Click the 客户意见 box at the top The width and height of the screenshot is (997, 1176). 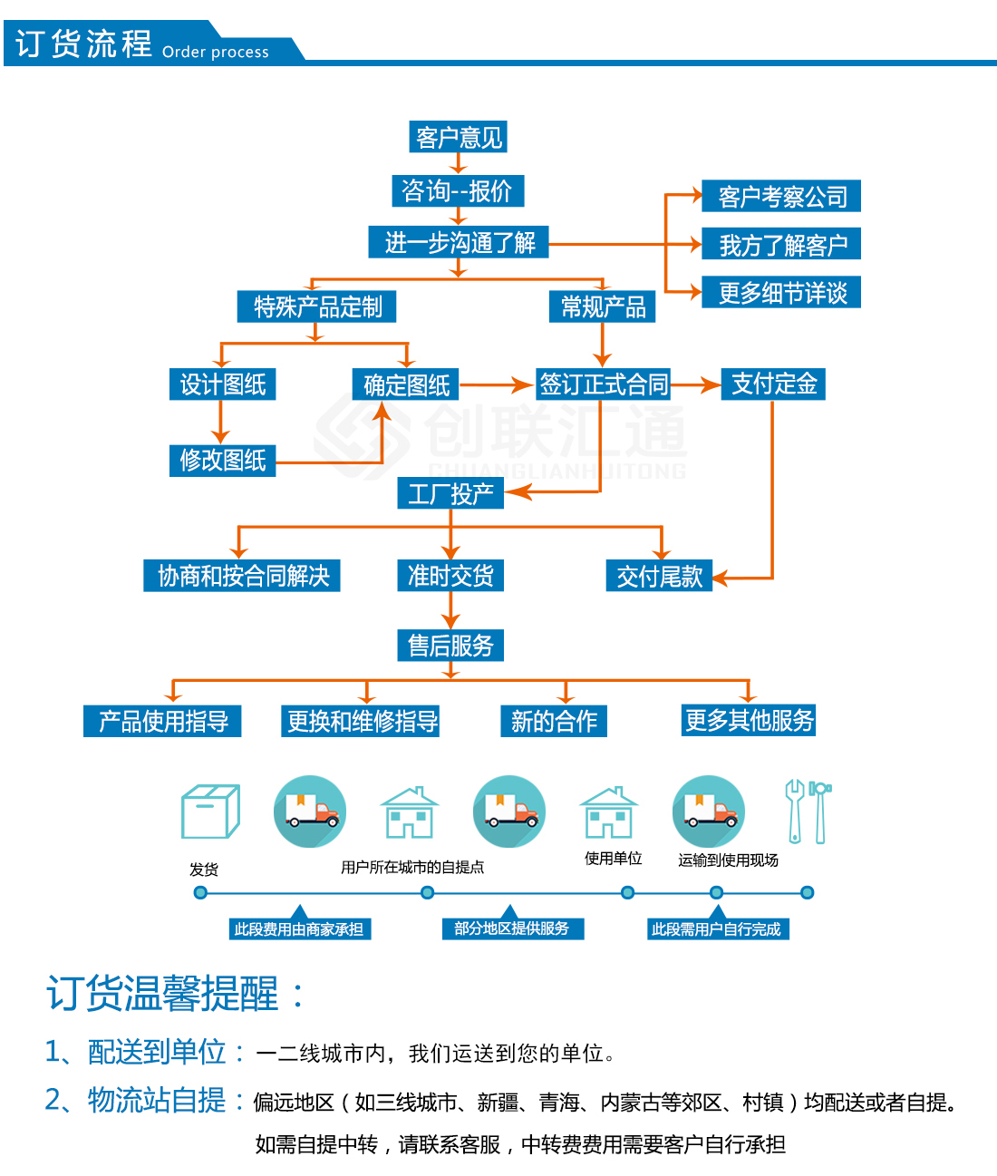pos(458,137)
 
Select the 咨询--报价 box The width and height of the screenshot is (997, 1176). pos(458,190)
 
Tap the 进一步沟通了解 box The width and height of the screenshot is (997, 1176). pos(459,242)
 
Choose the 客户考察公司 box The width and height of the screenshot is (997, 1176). pos(781,196)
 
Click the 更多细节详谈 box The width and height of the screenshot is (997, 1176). pos(781,292)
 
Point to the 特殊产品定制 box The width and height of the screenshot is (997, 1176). pos(316,306)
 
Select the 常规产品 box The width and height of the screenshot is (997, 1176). pos(602,306)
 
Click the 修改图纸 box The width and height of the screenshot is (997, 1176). pos(222,460)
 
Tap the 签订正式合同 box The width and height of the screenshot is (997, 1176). pos(603,384)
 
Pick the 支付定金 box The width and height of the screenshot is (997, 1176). pos(773,384)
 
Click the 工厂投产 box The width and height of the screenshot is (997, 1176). pos(450,493)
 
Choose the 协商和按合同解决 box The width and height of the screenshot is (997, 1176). pos(242,576)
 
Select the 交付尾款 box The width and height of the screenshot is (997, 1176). pos(659,576)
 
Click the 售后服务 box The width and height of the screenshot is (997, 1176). pos(450,645)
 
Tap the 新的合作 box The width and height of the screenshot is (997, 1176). pos(554,721)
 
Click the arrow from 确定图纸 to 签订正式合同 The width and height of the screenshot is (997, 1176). pos(495,385)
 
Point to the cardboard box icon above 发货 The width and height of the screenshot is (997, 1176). pos(210,812)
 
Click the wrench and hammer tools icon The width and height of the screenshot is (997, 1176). pos(808,812)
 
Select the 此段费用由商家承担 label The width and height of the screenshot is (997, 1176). pos(299,928)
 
